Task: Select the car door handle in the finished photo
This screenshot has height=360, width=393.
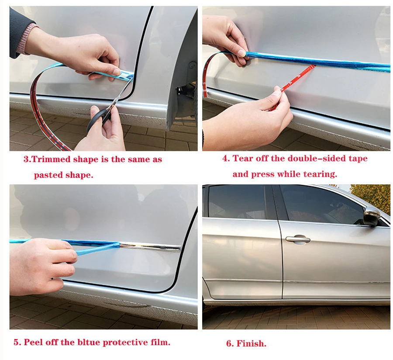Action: point(298,239)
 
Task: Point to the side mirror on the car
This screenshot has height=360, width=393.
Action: point(372,217)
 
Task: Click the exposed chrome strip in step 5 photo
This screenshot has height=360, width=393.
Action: point(150,246)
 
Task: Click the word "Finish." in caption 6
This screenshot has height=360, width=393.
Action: point(252,343)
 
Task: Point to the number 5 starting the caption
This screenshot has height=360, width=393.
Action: point(17,342)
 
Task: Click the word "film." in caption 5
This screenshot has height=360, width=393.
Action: point(160,342)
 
